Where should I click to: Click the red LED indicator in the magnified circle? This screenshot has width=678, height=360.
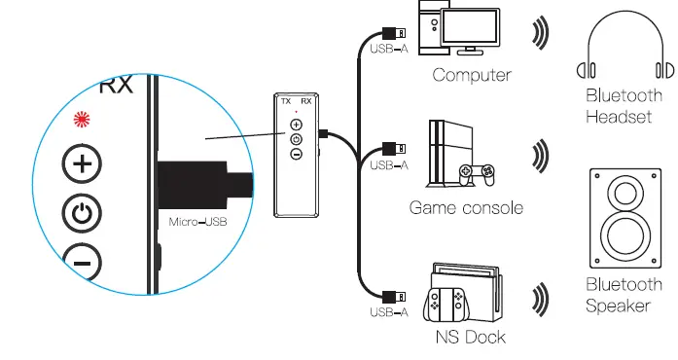click(x=83, y=121)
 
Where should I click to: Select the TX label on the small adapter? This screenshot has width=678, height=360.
click(x=285, y=101)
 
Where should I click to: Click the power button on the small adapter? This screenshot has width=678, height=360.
click(x=296, y=139)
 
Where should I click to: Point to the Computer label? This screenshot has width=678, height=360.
click(x=472, y=76)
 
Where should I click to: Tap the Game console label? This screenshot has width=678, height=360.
click(x=466, y=207)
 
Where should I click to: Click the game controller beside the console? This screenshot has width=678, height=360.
click(x=479, y=174)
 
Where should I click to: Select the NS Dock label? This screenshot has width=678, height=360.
click(x=471, y=338)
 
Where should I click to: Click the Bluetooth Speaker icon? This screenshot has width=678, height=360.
click(x=624, y=219)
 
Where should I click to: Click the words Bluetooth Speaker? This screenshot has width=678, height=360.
click(x=624, y=296)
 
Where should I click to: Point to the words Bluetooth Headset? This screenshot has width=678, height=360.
click(x=624, y=106)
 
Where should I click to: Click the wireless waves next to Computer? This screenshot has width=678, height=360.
click(x=540, y=33)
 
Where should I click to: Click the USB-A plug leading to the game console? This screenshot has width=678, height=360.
click(x=393, y=150)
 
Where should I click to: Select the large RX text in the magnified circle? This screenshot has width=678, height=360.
click(x=116, y=86)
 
